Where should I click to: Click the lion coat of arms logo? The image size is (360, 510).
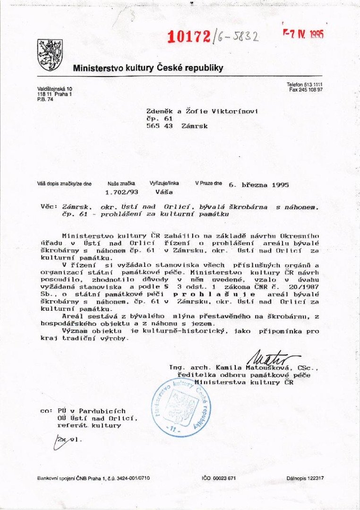(x=50, y=55)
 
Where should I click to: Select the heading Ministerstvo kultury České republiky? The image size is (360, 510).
(x=148, y=68)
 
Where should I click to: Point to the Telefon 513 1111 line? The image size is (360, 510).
(x=304, y=84)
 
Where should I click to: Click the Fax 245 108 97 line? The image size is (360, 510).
(x=306, y=89)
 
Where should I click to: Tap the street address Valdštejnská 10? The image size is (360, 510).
(x=55, y=89)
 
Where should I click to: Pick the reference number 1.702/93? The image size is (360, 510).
(x=120, y=192)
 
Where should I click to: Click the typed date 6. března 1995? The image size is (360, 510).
(x=258, y=185)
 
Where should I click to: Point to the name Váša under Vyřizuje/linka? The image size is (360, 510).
(x=164, y=192)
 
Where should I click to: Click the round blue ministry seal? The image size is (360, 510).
(x=181, y=407)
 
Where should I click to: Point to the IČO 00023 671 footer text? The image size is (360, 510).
(x=218, y=478)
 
